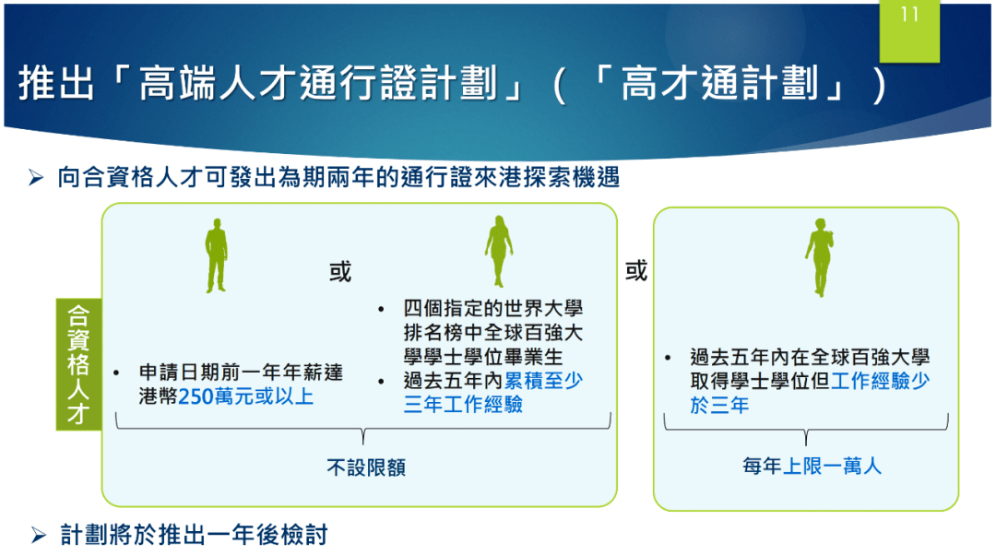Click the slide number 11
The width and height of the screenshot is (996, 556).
[909, 16]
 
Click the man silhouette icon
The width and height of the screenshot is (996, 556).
[216, 254]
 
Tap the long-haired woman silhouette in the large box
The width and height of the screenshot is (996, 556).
[499, 250]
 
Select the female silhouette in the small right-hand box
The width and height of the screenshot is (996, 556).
[818, 257]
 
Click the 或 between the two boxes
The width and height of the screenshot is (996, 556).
[636, 271]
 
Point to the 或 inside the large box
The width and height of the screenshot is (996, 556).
[340, 272]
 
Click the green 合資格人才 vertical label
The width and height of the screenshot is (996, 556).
[78, 364]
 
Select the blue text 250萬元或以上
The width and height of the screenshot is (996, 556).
[246, 396]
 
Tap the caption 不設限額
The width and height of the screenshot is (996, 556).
[366, 467]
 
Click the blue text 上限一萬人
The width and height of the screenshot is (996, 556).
[832, 467]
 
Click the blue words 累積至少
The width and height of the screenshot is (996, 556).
[543, 380]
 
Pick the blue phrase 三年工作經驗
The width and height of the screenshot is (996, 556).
[463, 404]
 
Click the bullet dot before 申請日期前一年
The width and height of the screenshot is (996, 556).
[116, 373]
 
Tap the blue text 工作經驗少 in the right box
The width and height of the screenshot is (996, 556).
[880, 381]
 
